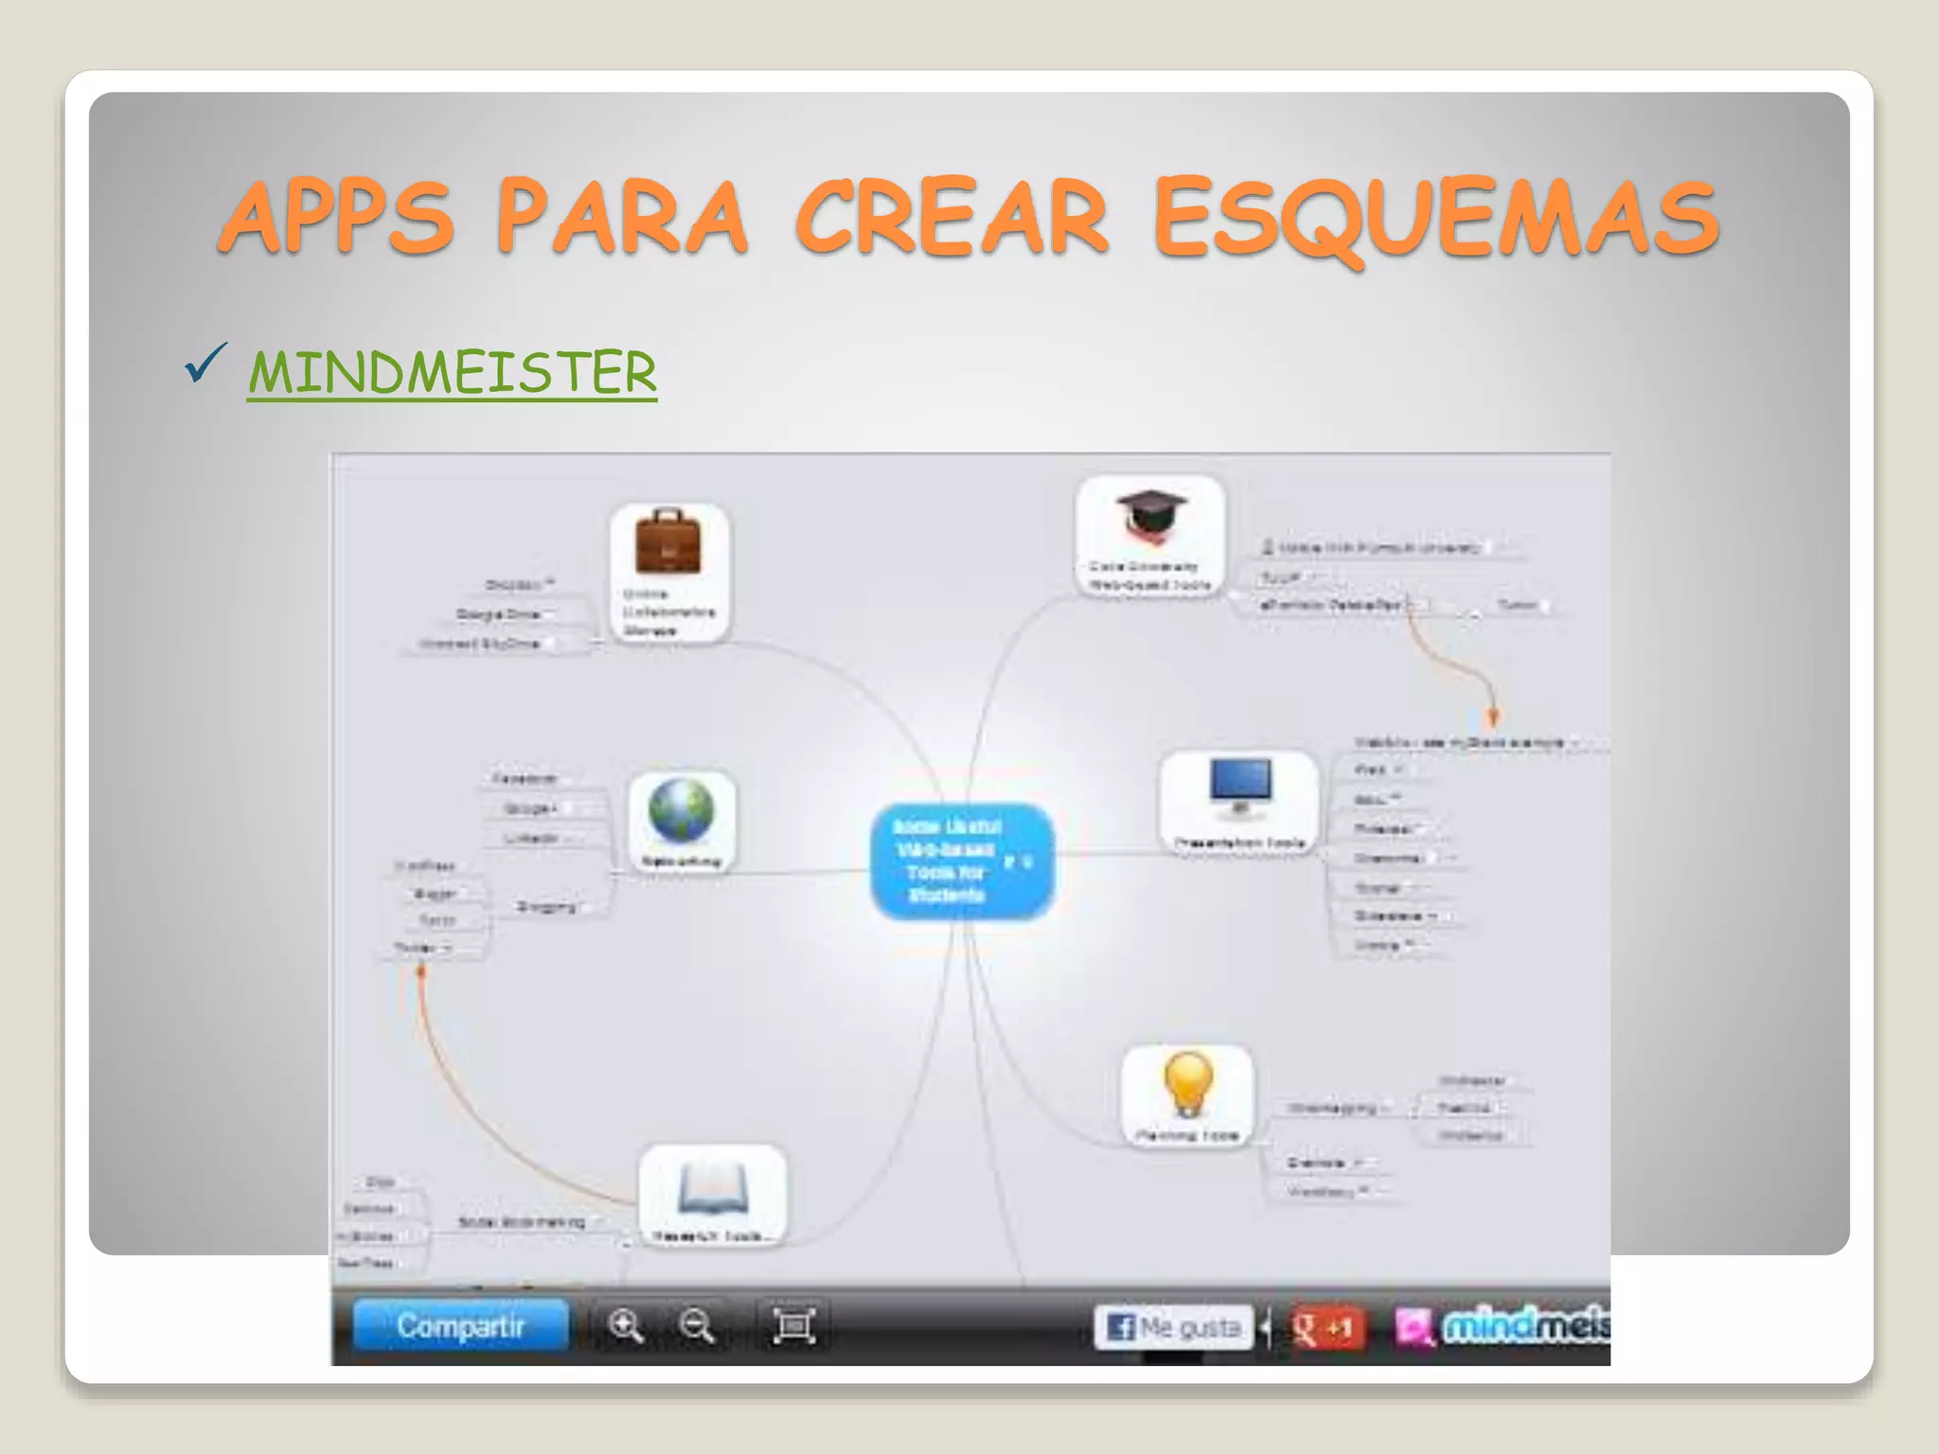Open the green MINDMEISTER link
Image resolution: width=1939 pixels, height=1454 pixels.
[452, 372]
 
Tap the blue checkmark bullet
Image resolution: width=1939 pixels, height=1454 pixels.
[205, 363]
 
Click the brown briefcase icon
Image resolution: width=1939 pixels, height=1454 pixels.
[668, 542]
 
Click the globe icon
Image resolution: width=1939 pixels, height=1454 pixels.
[681, 810]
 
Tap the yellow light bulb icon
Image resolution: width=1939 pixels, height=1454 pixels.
[1188, 1085]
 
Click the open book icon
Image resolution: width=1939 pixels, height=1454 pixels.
[712, 1190]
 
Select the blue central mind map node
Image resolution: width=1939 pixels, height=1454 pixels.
[961, 860]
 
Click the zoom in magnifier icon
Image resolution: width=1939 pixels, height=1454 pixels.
[626, 1326]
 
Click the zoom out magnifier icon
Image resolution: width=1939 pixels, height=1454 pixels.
[697, 1326]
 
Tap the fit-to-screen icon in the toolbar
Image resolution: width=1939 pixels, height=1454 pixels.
[793, 1326]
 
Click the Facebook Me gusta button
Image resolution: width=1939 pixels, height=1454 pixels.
[1173, 1327]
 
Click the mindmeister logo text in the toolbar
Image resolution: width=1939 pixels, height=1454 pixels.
[1524, 1326]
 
